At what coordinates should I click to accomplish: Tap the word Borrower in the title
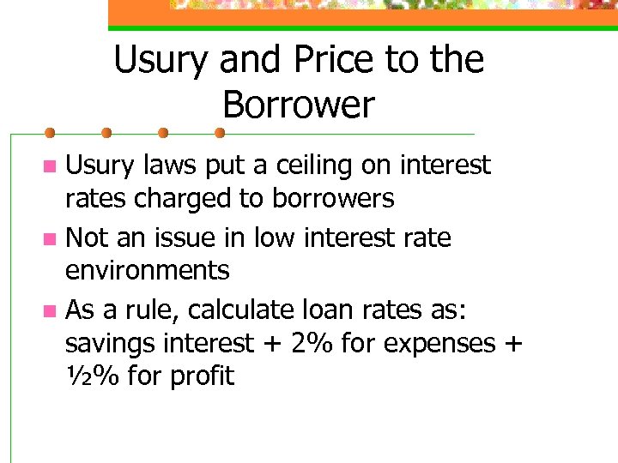coord(299,105)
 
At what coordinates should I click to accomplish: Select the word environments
coord(148,271)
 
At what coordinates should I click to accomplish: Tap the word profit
coord(202,376)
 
